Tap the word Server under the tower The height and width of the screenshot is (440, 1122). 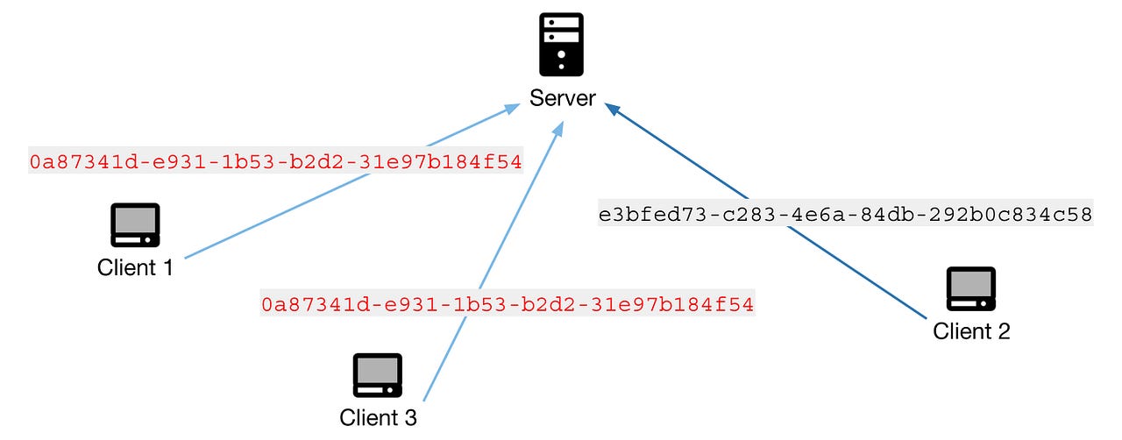coord(562,97)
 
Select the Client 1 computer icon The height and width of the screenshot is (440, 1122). coord(135,225)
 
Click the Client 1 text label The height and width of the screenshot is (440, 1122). coord(135,266)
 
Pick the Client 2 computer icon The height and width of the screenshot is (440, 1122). coord(970,289)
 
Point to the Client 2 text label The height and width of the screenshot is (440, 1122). coord(971,330)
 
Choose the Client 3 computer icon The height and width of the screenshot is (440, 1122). coord(377,375)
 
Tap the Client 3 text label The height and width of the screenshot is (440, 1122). coord(378,416)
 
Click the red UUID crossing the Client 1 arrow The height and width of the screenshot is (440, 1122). coord(275,161)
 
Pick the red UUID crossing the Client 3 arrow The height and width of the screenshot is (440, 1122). coord(508,305)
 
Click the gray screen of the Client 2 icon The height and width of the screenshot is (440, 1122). coord(970,284)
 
